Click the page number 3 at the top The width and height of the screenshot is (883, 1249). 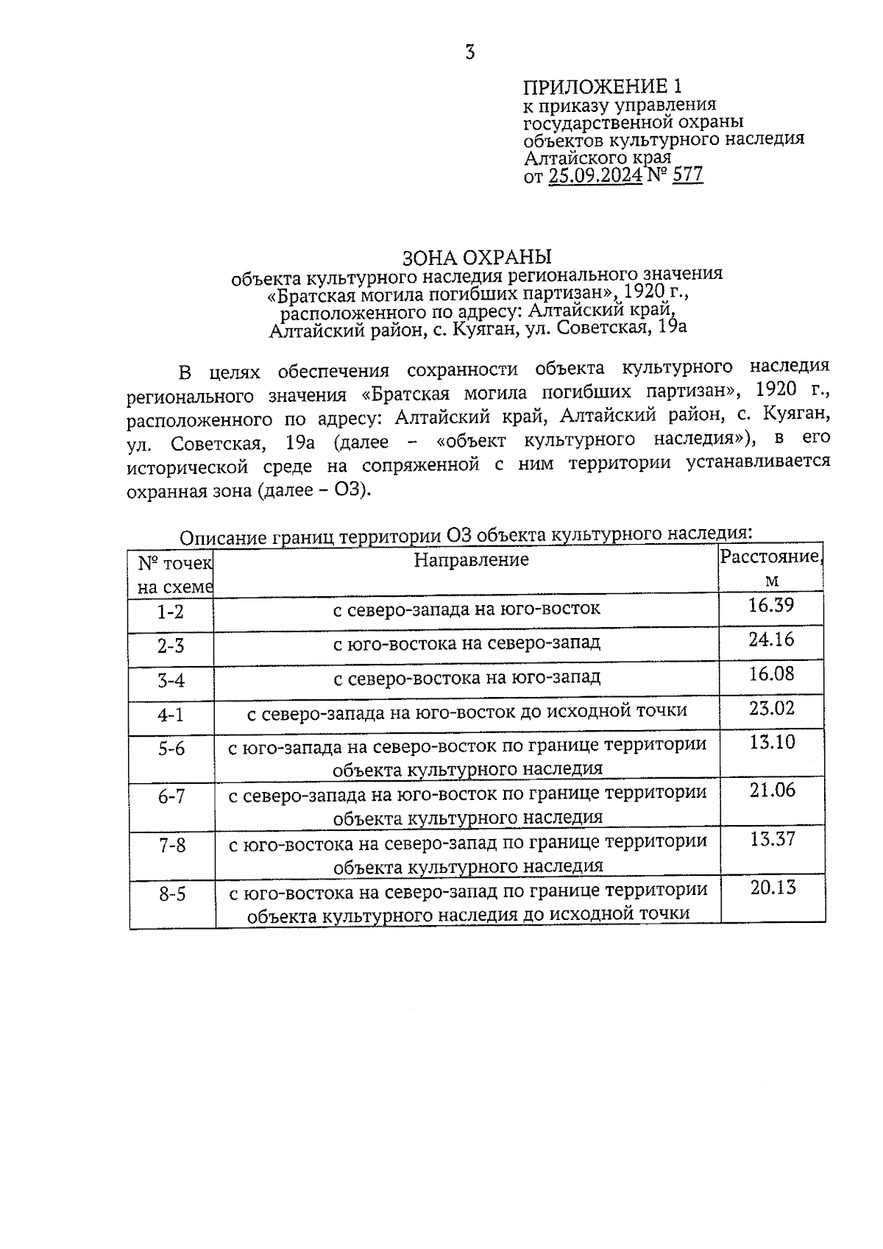(x=470, y=52)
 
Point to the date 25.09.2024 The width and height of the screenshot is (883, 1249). (x=595, y=175)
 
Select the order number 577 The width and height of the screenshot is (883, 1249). (x=687, y=174)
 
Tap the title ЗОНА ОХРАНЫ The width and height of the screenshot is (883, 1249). (x=477, y=258)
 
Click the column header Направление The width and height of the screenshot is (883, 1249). (x=471, y=560)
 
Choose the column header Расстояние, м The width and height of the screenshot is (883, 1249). (x=770, y=568)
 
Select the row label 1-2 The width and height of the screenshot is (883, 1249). (x=171, y=612)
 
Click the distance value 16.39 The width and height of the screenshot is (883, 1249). (x=770, y=606)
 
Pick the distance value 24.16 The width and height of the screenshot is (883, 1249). (x=771, y=640)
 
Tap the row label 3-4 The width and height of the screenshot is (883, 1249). (x=171, y=680)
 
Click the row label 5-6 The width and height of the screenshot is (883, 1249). (x=171, y=749)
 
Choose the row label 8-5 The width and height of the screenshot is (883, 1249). (x=171, y=894)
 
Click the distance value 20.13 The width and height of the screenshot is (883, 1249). (x=773, y=888)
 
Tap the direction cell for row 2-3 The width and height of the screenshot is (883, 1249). (x=467, y=643)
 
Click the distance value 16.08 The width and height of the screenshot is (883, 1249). (x=771, y=674)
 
